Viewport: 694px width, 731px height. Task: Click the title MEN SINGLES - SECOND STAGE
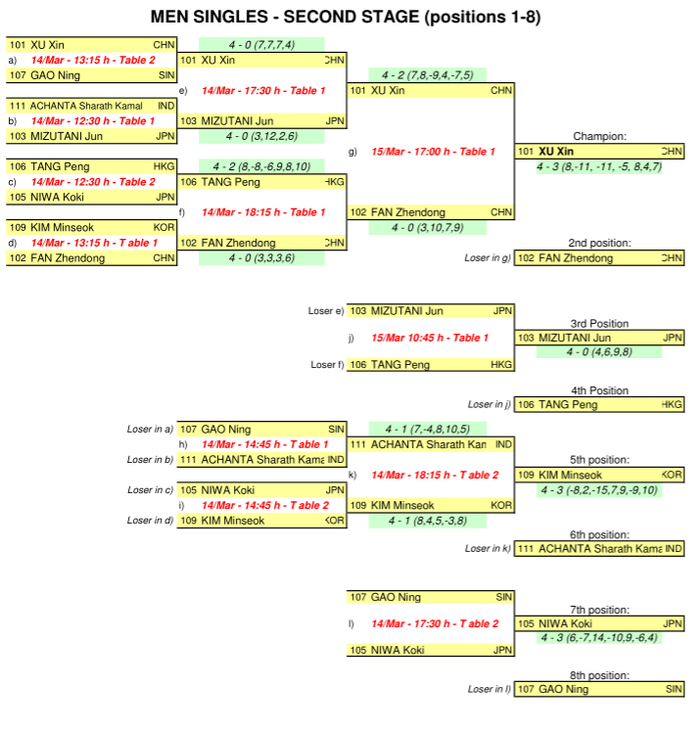tap(346, 17)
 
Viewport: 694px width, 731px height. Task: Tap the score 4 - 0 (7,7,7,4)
tap(261, 44)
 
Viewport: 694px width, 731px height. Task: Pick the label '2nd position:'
tap(599, 243)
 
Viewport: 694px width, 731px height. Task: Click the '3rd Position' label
tap(599, 324)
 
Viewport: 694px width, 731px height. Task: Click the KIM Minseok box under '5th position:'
tap(599, 475)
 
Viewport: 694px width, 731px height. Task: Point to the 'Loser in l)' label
tap(488, 689)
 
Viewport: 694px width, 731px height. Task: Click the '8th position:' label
tap(599, 675)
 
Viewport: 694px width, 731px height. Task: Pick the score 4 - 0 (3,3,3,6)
tap(261, 258)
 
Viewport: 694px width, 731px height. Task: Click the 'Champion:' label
tap(599, 137)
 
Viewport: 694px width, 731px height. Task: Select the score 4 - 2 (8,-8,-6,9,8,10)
tap(261, 166)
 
